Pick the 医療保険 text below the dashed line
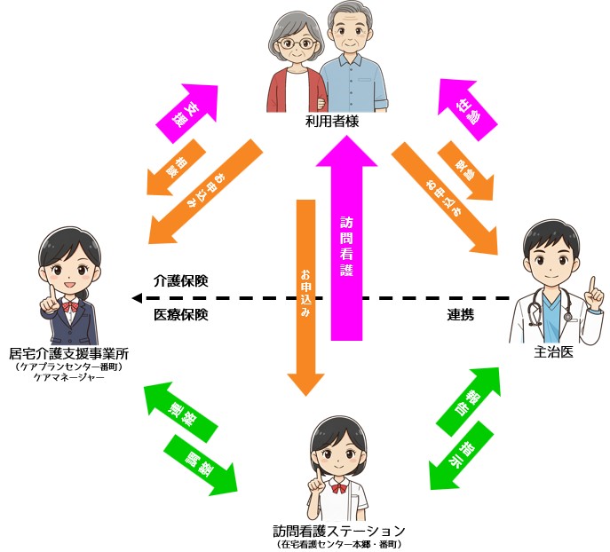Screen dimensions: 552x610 click(x=181, y=315)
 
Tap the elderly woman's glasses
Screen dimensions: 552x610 click(x=295, y=43)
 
